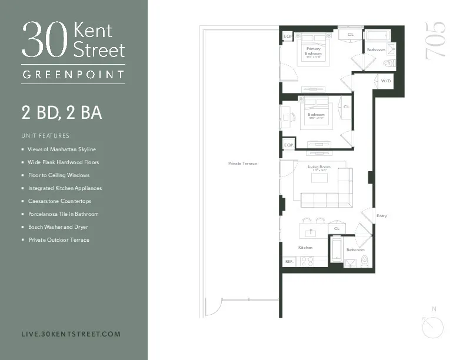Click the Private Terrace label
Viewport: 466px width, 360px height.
[242, 163]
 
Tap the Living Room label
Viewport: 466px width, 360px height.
[319, 167]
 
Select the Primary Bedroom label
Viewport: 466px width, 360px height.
[313, 51]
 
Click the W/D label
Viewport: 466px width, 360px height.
[385, 81]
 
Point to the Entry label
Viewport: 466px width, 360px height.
[381, 216]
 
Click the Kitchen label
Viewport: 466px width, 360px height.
[305, 248]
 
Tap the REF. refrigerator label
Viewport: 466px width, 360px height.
[289, 261]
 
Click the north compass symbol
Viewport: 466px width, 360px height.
[434, 323]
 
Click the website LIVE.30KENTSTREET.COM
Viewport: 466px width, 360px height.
[71, 334]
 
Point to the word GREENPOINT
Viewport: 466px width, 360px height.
[73, 75]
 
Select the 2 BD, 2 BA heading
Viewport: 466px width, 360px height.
[62, 112]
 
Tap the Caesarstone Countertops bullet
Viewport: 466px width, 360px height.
[59, 201]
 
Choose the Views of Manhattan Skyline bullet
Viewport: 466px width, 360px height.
[61, 149]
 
